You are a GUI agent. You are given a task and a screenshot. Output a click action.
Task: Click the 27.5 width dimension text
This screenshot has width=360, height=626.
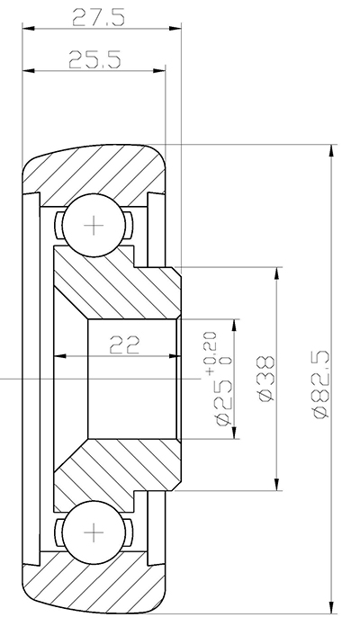pyautogui.click(x=98, y=15)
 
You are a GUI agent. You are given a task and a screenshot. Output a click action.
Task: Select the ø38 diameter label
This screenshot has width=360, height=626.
pyautogui.click(x=265, y=379)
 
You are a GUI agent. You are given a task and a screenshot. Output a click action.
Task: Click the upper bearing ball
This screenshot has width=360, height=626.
pyautogui.click(x=93, y=225)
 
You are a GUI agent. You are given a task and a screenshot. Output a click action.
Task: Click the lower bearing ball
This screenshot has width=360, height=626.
pyautogui.click(x=93, y=532)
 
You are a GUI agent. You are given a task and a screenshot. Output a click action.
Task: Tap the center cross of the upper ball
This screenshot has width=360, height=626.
pyautogui.click(x=93, y=225)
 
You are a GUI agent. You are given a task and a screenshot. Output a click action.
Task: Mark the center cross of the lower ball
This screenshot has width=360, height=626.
pyautogui.click(x=93, y=532)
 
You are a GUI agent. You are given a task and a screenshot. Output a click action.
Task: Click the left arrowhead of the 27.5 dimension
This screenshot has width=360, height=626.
pyautogui.click(x=28, y=29)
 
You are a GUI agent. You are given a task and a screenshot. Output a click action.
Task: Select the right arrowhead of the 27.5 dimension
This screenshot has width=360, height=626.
pyautogui.click(x=176, y=29)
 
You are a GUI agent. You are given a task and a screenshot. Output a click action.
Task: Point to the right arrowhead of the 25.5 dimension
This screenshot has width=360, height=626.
pyautogui.click(x=161, y=71)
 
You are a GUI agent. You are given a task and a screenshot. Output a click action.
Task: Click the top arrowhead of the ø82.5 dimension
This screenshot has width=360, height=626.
pyautogui.click(x=334, y=149)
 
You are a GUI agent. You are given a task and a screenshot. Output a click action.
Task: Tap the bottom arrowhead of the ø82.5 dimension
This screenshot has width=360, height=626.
pyautogui.click(x=334, y=608)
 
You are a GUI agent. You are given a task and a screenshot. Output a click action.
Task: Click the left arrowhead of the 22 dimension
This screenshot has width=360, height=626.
pyautogui.click(x=60, y=357)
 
